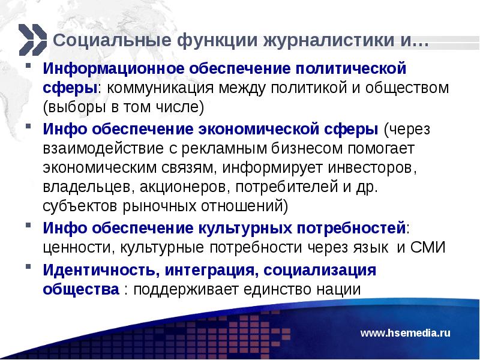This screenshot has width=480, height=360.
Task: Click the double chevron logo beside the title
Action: point(31,39)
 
